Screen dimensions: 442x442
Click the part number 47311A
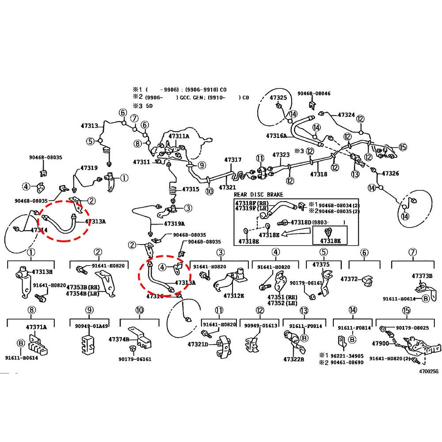pyautogui.click(x=178, y=136)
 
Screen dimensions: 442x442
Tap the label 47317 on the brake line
pyautogui.click(x=232, y=160)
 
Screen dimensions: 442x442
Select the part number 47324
pyautogui.click(x=346, y=114)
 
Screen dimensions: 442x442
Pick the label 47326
pyautogui.click(x=390, y=173)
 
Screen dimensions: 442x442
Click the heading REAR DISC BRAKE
pyautogui.click(x=259, y=194)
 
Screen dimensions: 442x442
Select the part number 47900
pyautogui.click(x=380, y=343)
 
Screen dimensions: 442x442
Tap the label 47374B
pyautogui.click(x=119, y=339)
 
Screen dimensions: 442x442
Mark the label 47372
pyautogui.click(x=349, y=279)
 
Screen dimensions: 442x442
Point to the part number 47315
pyautogui.click(x=191, y=189)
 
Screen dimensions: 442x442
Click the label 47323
pyautogui.click(x=281, y=155)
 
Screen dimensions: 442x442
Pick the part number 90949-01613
pyautogui.click(x=261, y=326)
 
